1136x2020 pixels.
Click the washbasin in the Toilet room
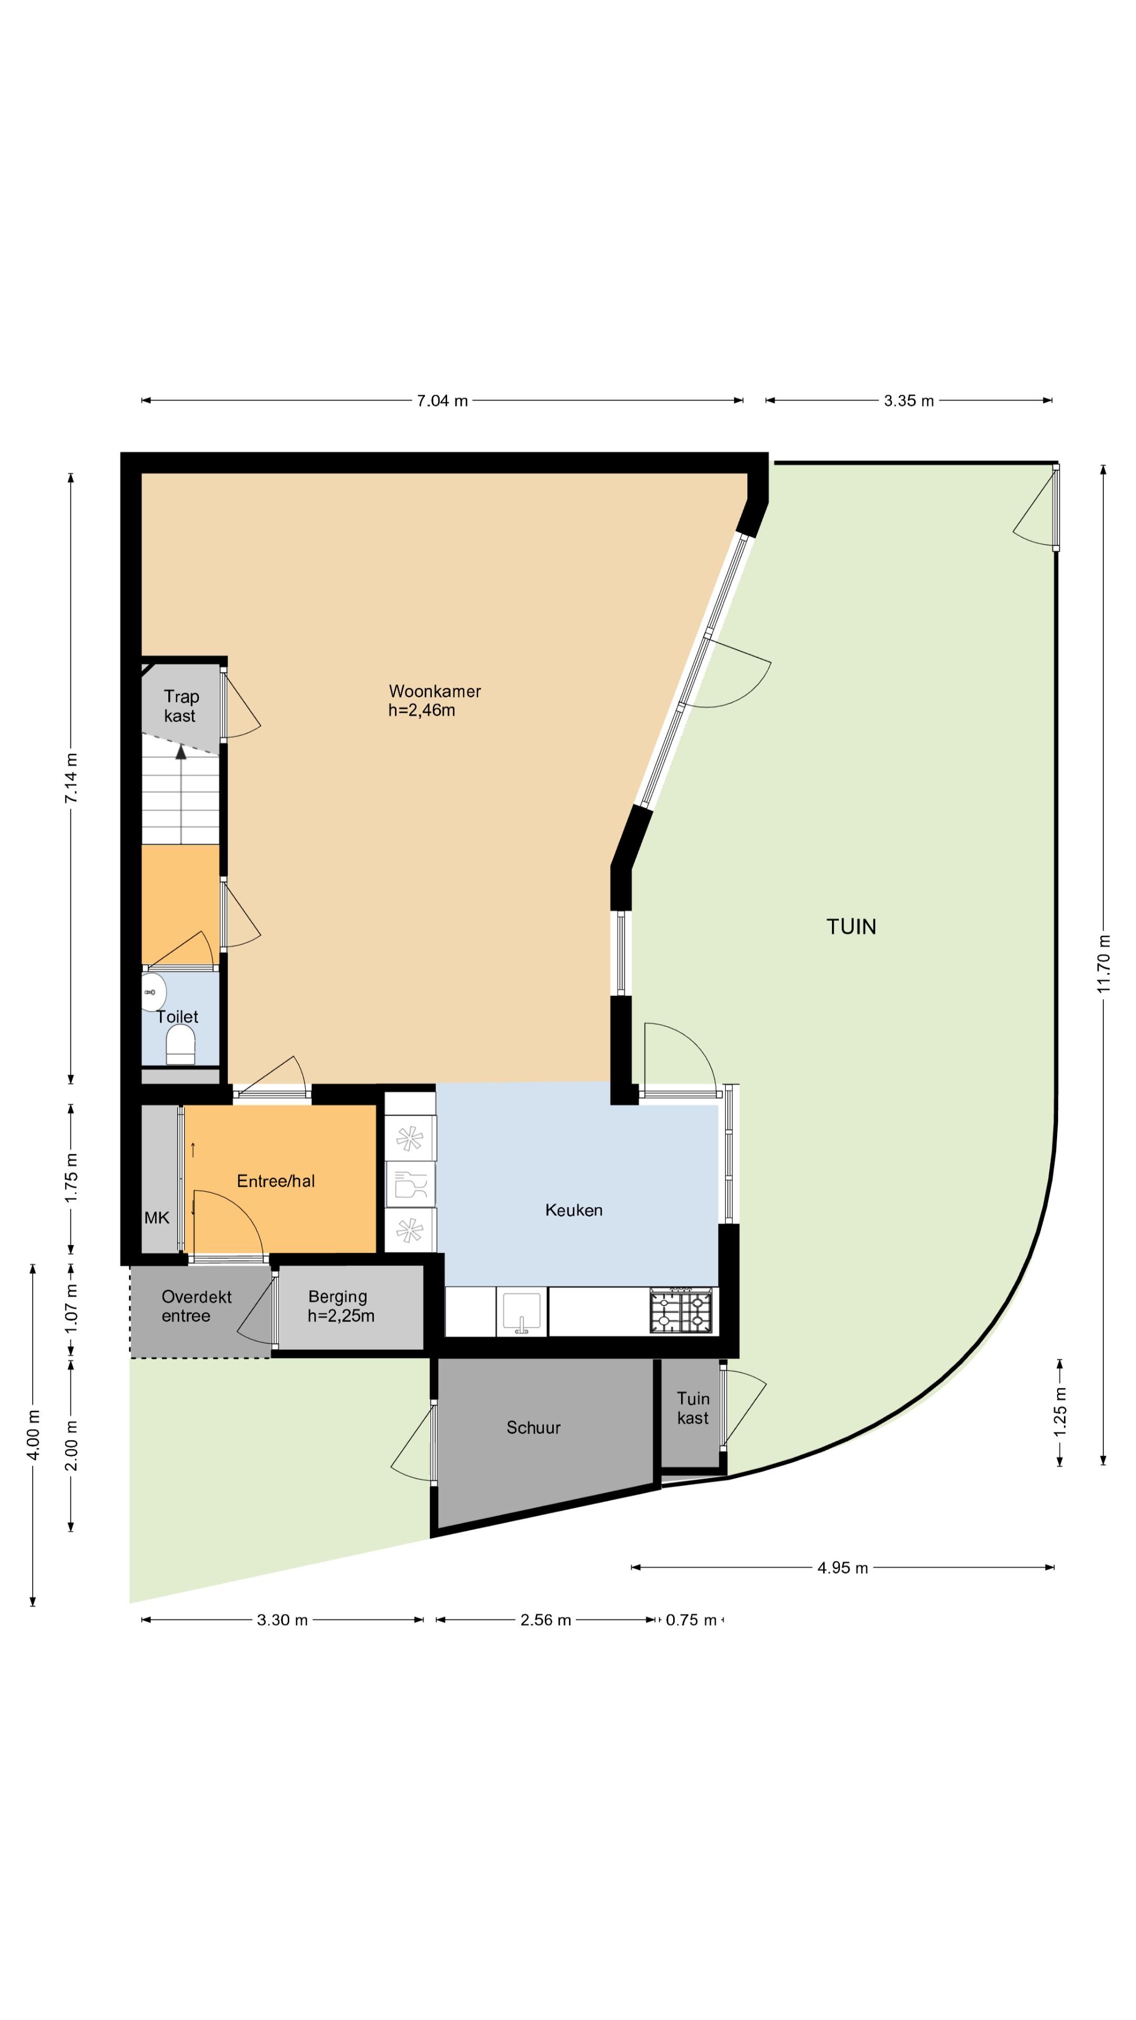coord(153,993)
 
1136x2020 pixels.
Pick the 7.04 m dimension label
coord(442,401)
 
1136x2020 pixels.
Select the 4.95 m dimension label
coord(843,1568)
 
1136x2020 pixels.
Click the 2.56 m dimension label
coord(546,1619)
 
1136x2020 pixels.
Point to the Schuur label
coord(533,1427)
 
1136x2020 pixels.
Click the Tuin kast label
coord(693,1408)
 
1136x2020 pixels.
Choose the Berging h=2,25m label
coord(340,1306)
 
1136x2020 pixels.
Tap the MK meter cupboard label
coord(157,1218)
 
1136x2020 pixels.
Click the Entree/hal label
coord(276,1181)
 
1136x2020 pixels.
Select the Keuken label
coord(574,1210)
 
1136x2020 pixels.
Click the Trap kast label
coord(180,706)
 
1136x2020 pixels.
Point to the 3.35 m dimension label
coord(909,401)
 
